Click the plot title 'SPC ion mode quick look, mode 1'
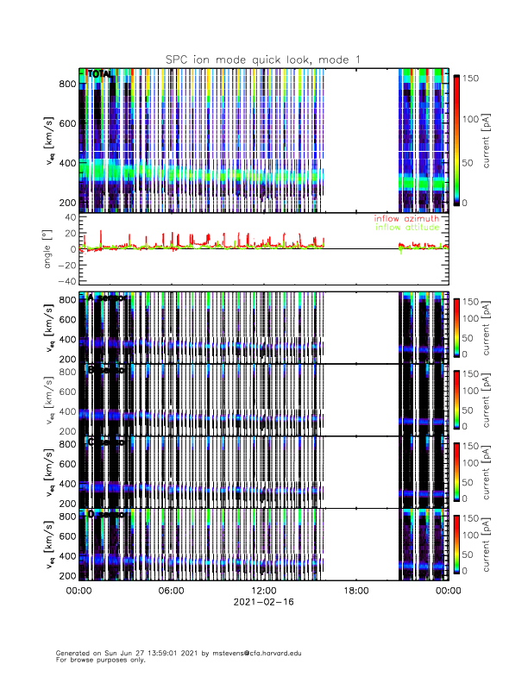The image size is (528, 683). [263, 59]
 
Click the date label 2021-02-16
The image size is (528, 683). [263, 601]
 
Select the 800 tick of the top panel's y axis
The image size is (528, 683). [67, 84]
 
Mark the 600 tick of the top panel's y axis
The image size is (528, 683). [67, 123]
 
